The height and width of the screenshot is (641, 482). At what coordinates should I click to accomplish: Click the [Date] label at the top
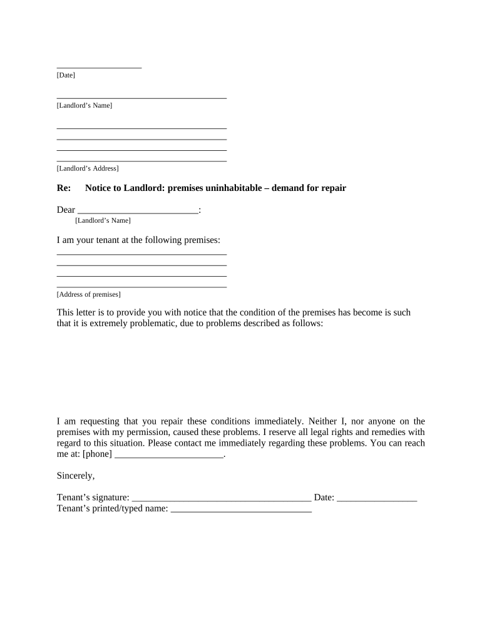click(66, 75)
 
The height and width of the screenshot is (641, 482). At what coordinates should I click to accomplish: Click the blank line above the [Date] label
click(99, 66)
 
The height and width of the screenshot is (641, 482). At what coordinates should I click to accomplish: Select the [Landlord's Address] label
click(88, 168)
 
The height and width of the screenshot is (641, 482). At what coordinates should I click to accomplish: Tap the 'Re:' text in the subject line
click(64, 188)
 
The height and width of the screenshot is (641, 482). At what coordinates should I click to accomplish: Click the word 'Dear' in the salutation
click(66, 210)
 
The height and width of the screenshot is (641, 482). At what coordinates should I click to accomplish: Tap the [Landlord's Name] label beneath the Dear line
click(103, 220)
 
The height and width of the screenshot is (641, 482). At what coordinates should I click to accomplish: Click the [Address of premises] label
click(89, 294)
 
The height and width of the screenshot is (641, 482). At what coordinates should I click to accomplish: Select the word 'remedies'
click(389, 432)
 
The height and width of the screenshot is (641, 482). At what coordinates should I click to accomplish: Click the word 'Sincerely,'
click(76, 476)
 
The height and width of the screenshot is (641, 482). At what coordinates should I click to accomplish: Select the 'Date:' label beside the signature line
click(324, 498)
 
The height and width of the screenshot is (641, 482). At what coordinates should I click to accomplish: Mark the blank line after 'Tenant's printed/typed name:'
click(241, 511)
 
